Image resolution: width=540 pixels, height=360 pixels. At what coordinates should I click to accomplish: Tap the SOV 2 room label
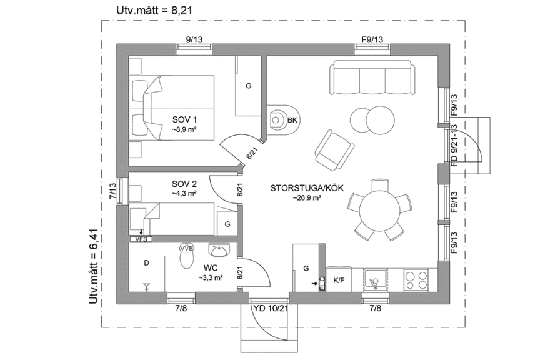coord(184,184)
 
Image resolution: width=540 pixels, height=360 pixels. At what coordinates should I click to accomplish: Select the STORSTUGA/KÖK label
coord(306,188)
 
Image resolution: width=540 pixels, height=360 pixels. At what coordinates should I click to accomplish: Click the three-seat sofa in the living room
coord(371,78)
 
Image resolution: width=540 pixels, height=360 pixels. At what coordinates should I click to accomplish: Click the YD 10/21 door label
coord(270,307)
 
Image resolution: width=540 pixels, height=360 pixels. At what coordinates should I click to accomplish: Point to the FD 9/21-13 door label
coord(454,143)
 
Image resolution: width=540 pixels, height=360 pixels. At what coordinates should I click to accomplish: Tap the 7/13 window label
coord(112,190)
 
